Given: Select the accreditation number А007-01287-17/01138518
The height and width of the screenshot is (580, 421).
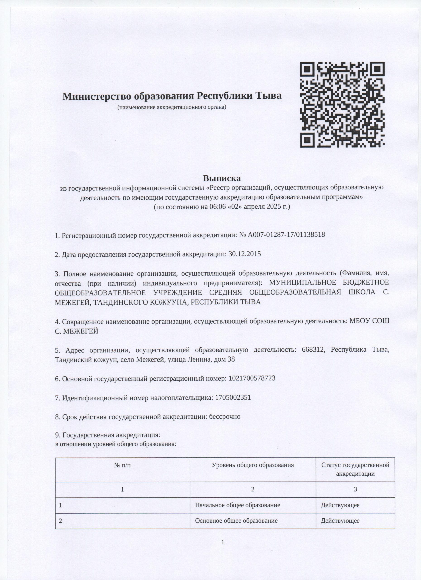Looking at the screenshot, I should tap(286, 235).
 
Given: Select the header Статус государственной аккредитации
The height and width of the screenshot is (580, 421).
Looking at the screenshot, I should tap(355, 469).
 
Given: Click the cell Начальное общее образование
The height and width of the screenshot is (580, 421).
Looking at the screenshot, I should tap(238, 505).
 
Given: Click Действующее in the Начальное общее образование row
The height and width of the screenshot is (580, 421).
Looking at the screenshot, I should tap(340, 505).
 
